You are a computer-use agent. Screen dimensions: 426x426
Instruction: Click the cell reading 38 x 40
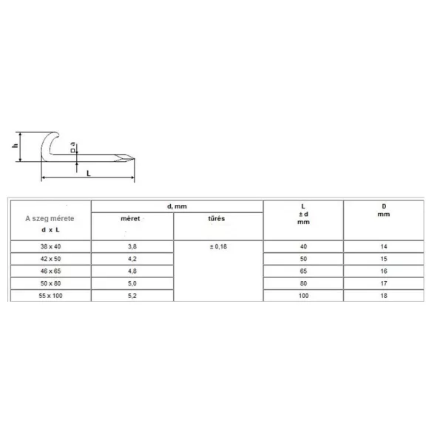point(50,246)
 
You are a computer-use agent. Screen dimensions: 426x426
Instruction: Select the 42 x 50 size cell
point(50,259)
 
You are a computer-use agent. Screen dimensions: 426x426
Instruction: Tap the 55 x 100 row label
point(50,296)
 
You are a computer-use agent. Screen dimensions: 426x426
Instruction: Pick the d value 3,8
point(132,246)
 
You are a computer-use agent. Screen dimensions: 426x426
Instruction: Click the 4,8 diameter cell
point(132,271)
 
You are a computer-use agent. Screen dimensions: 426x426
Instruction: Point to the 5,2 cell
point(132,296)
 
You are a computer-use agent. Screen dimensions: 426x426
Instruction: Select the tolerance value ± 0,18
point(218,246)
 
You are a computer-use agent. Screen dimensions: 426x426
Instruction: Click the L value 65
point(303,271)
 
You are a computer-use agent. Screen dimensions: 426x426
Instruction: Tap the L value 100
point(303,296)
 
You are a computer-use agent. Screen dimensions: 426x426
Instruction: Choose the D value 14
point(384,246)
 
